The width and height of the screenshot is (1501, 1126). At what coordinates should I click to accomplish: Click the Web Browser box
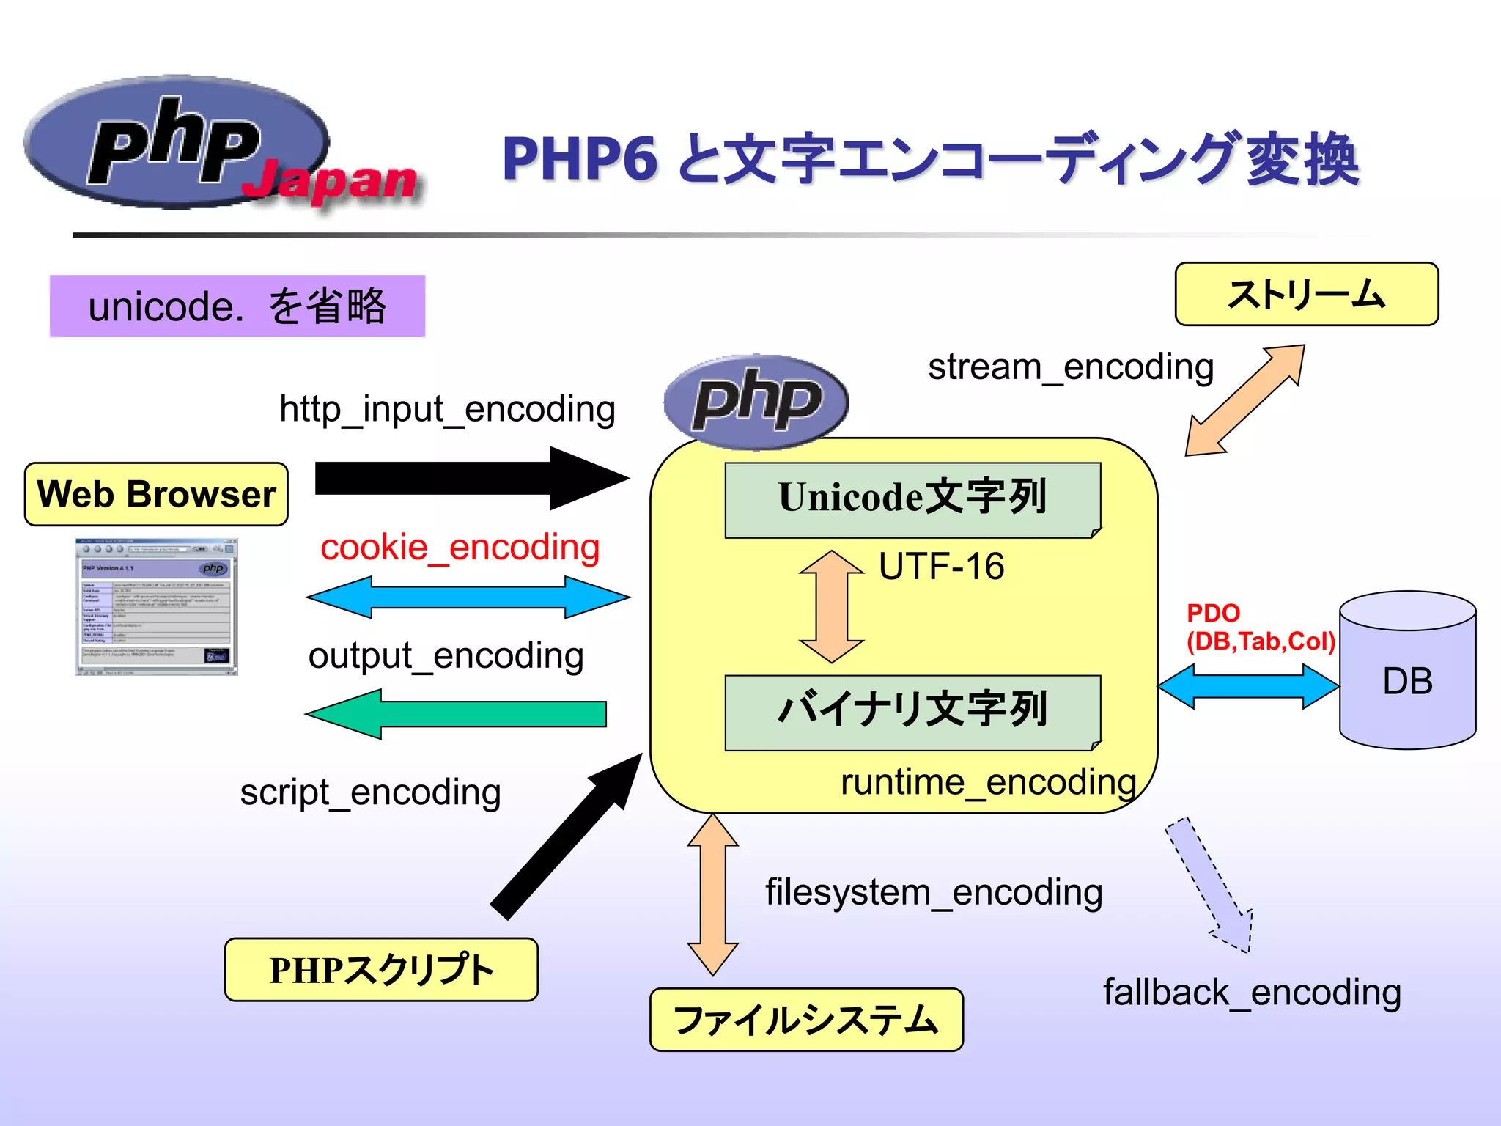[156, 494]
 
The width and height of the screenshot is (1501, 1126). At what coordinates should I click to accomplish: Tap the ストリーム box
[1306, 294]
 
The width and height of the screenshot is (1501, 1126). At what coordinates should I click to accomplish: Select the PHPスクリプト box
[381, 969]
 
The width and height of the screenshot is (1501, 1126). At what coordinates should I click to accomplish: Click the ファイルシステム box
[806, 1019]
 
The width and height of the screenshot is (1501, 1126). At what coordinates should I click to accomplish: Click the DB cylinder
[1407, 671]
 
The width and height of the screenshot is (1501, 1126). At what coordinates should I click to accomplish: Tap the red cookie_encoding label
[460, 548]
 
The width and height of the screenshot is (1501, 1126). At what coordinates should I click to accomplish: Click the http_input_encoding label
[447, 409]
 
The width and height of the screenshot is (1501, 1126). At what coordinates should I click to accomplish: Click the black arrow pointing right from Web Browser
[469, 478]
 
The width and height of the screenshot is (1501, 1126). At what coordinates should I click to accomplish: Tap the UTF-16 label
[941, 567]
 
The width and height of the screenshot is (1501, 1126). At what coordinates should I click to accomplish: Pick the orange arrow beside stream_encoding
[1245, 400]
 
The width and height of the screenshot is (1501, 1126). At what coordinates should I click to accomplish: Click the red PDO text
[1213, 613]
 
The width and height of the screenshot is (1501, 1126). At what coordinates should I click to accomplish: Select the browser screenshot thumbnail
[157, 607]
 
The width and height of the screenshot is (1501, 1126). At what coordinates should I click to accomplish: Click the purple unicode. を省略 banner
[237, 306]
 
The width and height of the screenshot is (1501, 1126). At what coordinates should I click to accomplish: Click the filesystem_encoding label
[934, 893]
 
